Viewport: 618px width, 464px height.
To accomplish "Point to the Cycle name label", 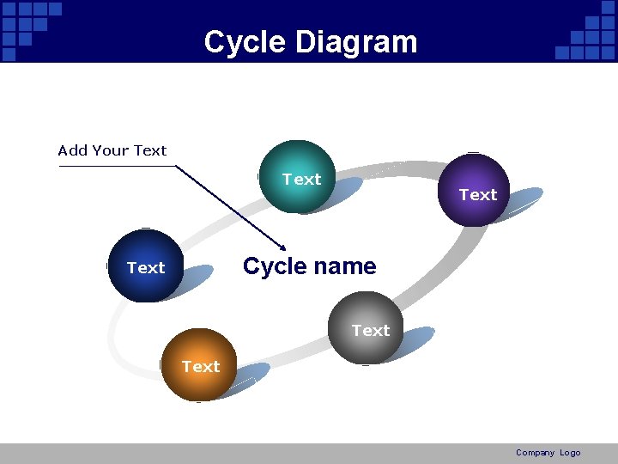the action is (309, 266).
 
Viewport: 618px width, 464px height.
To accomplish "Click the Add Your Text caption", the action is (112, 150).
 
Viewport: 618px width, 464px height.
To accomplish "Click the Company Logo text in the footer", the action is (548, 453).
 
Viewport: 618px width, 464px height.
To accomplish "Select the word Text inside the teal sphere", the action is (301, 180).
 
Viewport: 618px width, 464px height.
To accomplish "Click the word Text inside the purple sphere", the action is (478, 195).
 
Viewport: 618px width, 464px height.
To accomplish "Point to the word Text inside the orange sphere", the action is (201, 367).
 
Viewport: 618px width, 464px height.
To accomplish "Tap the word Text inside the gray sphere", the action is (371, 331).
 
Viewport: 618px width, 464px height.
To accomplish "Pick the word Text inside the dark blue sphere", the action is (146, 268).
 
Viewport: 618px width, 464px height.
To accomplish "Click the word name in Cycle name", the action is (345, 266).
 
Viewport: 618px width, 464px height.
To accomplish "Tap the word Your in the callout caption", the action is (112, 150).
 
